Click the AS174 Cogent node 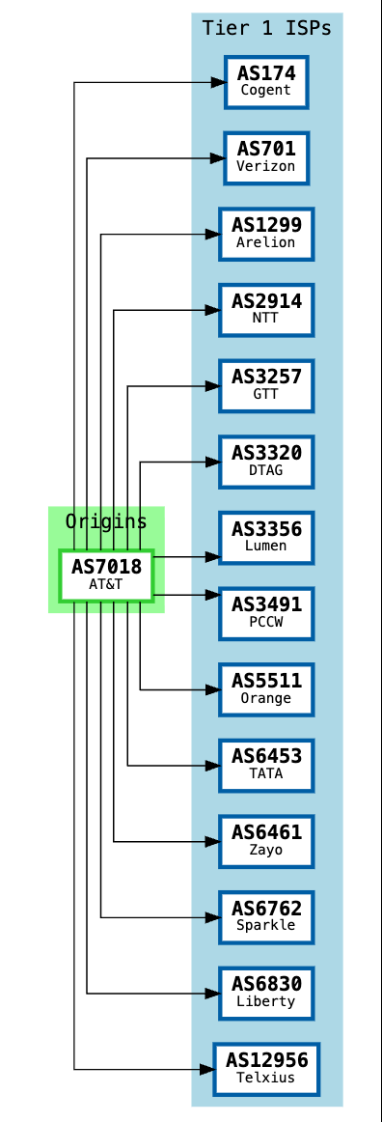(x=266, y=82)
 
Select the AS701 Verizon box (x=266, y=158)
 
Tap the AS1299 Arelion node (x=266, y=234)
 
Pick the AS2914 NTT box (x=266, y=310)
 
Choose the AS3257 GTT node (x=266, y=386)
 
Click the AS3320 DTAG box (x=266, y=462)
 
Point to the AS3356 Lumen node (x=266, y=538)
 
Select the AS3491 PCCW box (x=266, y=614)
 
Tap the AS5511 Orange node (x=266, y=689)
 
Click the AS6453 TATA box (x=266, y=766)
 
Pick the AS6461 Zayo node (x=266, y=841)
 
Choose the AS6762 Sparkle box (x=266, y=917)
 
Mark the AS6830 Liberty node (x=266, y=993)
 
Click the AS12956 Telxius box (x=266, y=1069)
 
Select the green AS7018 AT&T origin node (x=106, y=575)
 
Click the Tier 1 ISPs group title (x=267, y=28)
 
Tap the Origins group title (x=106, y=521)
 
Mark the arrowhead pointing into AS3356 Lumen (x=210, y=557)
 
